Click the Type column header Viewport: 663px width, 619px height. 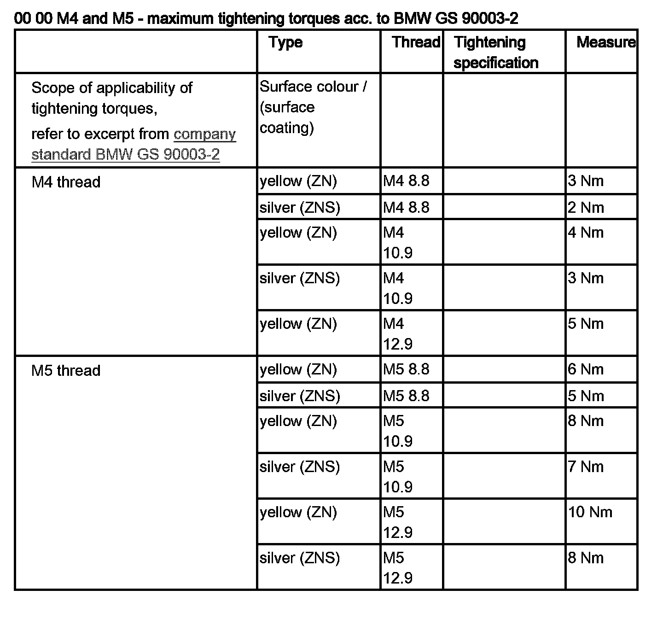(286, 43)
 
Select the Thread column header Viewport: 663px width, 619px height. (416, 42)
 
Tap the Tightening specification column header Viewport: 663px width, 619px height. (496, 52)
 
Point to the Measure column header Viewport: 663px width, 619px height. (605, 42)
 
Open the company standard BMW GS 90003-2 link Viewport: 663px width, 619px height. (134, 144)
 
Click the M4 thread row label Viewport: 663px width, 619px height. (66, 182)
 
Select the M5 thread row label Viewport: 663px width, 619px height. (66, 371)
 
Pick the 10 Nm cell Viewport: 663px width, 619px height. (590, 512)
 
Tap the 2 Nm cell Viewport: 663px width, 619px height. (585, 208)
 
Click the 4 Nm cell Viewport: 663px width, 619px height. (585, 233)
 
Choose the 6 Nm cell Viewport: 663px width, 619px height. (585, 369)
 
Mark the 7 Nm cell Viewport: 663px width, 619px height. (585, 467)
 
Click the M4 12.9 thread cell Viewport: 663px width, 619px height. (398, 333)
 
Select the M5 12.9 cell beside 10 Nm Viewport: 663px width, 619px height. (398, 522)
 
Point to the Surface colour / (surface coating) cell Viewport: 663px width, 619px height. (313, 107)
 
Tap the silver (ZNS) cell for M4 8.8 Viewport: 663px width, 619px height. (300, 208)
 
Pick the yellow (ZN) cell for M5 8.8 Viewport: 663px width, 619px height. (298, 369)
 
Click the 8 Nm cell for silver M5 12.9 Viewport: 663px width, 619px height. (585, 558)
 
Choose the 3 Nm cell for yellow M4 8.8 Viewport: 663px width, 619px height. (585, 181)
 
